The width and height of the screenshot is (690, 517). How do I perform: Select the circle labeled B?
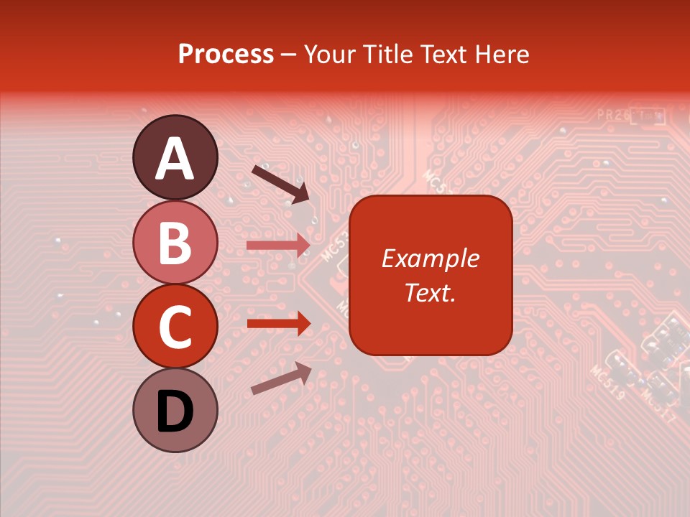175,242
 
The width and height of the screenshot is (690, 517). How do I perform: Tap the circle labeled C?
175,327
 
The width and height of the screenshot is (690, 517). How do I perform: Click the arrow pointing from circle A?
280,183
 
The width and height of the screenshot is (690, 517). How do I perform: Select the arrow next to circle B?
278,246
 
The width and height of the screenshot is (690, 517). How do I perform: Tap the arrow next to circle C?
278,323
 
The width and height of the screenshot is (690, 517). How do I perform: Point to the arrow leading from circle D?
281,378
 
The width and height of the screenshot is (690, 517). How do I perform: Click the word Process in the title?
226,55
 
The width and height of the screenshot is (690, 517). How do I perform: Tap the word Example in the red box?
430,258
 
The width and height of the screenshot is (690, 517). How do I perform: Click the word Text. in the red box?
430,292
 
